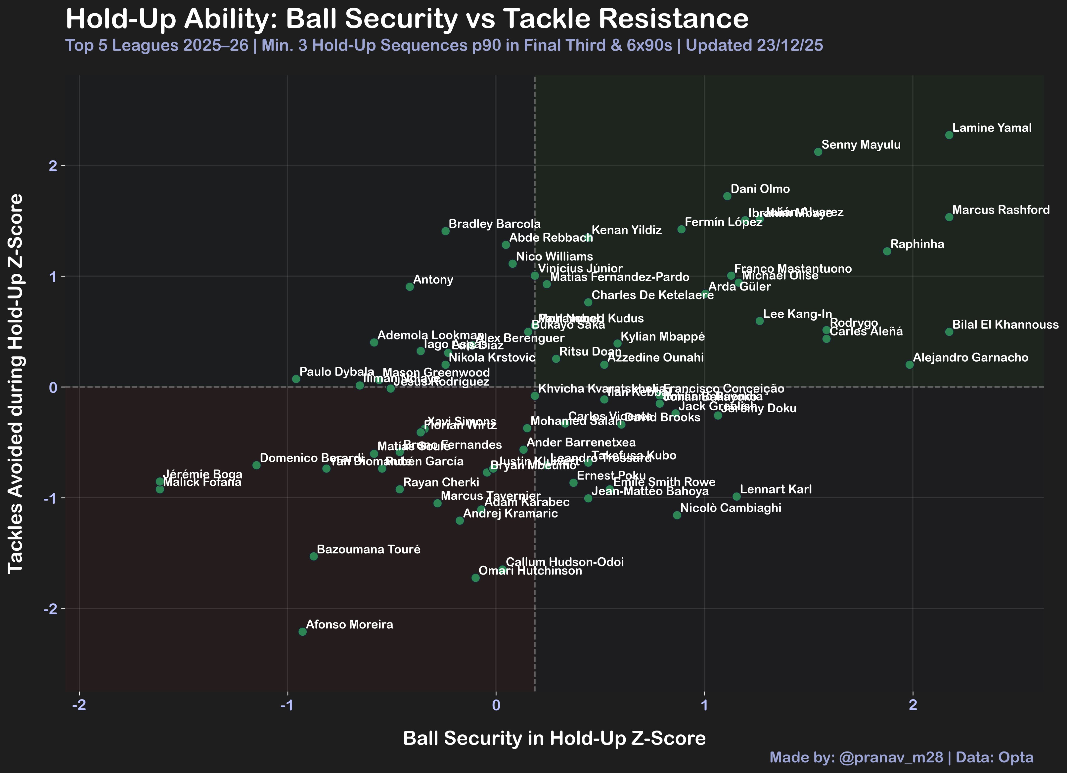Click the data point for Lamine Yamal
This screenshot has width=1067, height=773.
coord(949,135)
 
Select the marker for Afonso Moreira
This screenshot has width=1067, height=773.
coord(302,631)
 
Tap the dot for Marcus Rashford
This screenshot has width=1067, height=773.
coord(949,217)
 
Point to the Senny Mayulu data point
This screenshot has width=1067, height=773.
coord(818,152)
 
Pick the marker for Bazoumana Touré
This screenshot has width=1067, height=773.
coord(314,556)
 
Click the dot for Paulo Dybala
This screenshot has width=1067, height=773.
coord(296,379)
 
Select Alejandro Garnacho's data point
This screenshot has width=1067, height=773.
coord(909,365)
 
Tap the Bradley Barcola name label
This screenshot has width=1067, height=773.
coord(494,224)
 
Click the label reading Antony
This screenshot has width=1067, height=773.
coord(433,279)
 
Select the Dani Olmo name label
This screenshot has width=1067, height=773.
coord(760,189)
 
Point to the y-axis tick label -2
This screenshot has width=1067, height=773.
coord(50,609)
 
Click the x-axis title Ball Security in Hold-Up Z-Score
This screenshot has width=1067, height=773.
coord(554,738)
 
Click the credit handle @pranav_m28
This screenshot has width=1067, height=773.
coord(891,757)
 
